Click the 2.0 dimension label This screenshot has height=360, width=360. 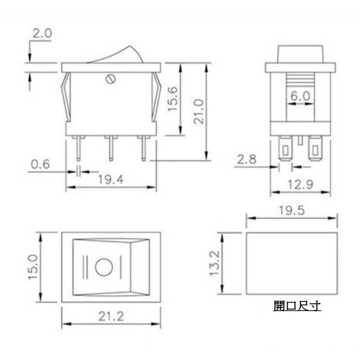coord(42,34)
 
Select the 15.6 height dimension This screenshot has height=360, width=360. coord(174,99)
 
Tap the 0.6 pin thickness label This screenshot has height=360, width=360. coord(40,164)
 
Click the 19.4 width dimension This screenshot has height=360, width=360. coord(111,180)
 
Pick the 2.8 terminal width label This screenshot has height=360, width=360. coord(247,159)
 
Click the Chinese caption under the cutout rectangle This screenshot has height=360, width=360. coord(297,306)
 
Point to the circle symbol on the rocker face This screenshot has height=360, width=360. coord(103,267)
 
